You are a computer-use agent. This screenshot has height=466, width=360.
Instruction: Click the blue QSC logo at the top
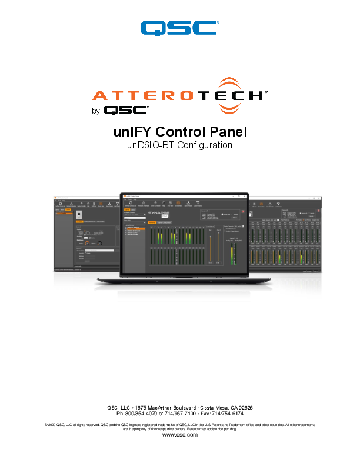pyautogui.click(x=179, y=28)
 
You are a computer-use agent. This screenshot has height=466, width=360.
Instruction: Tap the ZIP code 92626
pyautogui.click(x=243, y=408)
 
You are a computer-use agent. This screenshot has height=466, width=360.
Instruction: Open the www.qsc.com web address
pyautogui.click(x=179, y=435)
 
